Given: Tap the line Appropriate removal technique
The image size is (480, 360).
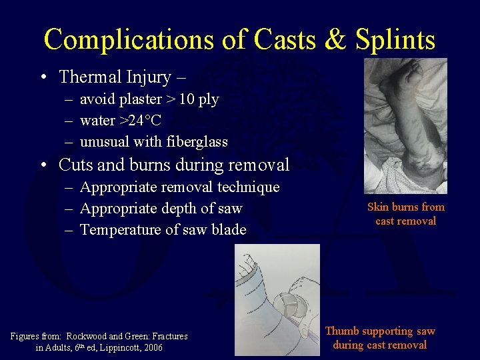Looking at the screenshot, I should point(179,187).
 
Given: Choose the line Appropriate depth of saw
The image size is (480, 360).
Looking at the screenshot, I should point(161,209).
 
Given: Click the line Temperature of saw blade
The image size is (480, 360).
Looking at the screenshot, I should point(163,230).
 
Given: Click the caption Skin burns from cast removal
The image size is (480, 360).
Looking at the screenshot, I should point(405,214).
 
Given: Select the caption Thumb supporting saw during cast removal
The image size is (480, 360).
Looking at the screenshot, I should point(380,338).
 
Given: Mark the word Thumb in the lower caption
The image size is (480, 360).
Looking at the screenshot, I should point(341,331).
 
